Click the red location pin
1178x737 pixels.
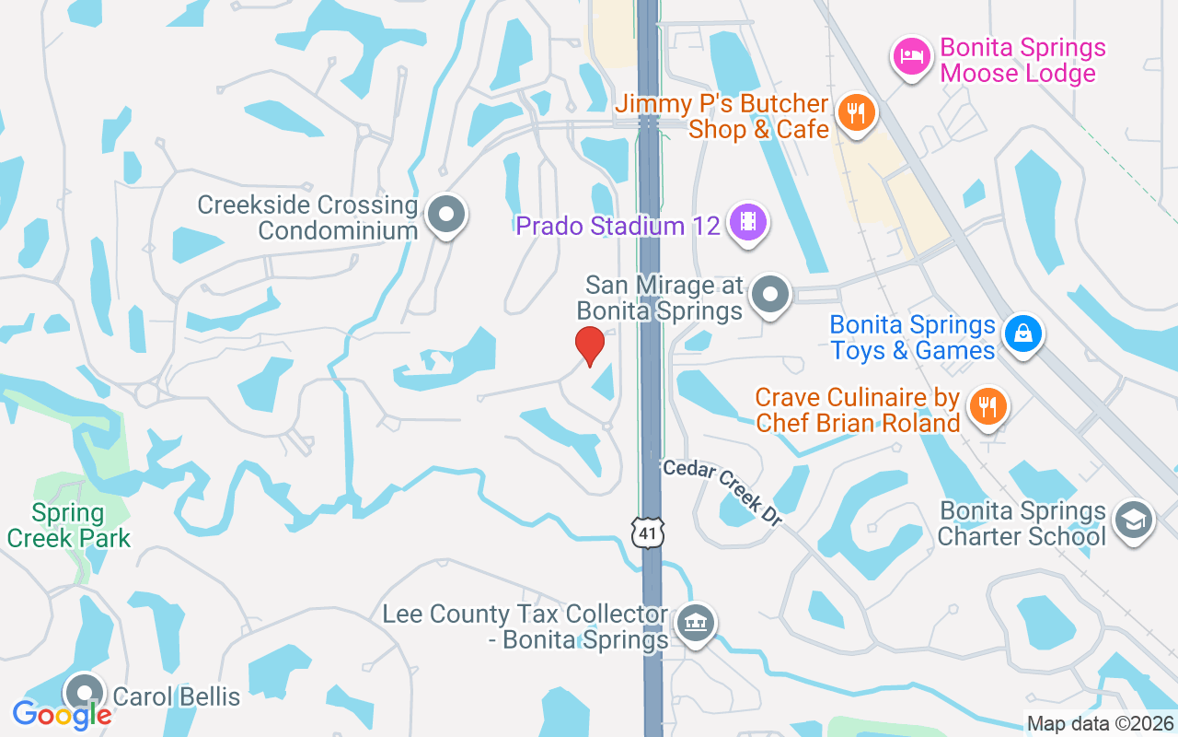[x=590, y=345]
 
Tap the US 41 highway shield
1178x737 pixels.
[x=648, y=532]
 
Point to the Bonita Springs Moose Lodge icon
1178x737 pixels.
[x=911, y=56]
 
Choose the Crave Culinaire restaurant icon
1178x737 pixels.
[x=987, y=406]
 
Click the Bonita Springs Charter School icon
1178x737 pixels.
[x=1133, y=521]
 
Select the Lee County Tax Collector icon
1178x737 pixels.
[x=696, y=624]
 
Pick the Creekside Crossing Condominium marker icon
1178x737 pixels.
[x=447, y=215]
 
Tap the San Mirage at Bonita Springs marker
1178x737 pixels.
[x=770, y=296]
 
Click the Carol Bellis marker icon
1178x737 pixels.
[x=86, y=692]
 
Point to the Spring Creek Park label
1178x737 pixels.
[x=69, y=525]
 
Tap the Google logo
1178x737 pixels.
[x=62, y=714]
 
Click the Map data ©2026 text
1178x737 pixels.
[x=1100, y=724]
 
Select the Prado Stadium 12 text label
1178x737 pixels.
[x=618, y=226]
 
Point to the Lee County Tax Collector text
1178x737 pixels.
[x=525, y=626]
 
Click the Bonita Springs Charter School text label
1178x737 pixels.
[x=1022, y=523]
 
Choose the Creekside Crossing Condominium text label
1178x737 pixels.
[x=308, y=217]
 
